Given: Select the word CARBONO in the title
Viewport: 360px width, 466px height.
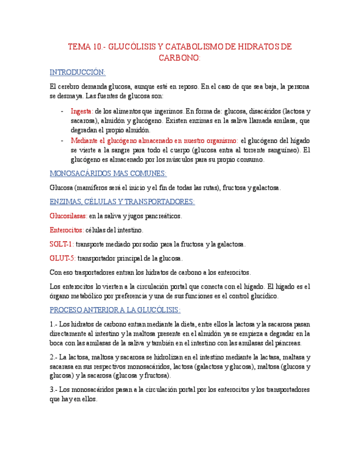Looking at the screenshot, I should tap(180, 58).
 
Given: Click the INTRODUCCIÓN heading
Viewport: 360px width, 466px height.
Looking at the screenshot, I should tap(77, 73).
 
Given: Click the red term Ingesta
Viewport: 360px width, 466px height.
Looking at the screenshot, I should tap(82, 110).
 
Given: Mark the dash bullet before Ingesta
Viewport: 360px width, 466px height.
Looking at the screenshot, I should tap(62, 110).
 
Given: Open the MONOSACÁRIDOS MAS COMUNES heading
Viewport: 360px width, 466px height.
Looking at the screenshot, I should tap(108, 174).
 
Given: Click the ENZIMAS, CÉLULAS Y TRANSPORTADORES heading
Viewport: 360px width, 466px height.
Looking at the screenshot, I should tap(122, 202).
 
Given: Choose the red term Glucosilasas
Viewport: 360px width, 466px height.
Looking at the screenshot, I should tap(68, 216).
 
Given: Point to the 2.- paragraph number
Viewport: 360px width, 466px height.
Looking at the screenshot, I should tap(53, 357).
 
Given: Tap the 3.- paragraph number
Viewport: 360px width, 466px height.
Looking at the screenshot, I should tap(53, 390).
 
